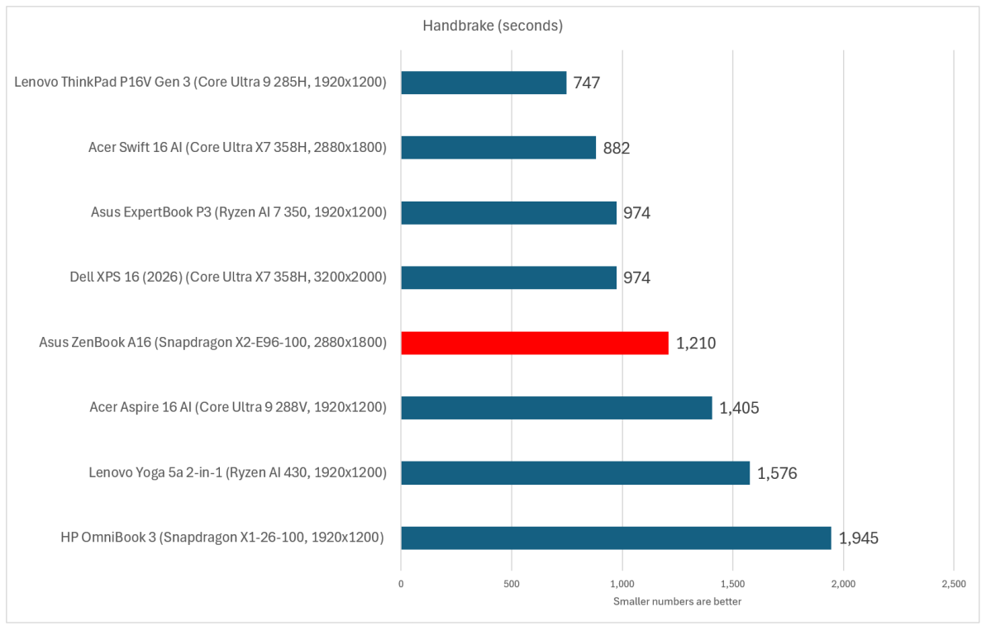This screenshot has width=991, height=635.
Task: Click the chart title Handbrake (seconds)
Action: click(x=493, y=26)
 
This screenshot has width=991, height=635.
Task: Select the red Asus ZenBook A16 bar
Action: click(x=535, y=343)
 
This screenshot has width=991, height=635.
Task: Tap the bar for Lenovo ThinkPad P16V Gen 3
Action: click(x=484, y=82)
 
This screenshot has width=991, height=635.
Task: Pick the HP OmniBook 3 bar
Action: click(x=617, y=538)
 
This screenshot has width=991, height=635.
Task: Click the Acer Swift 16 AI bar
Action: click(x=498, y=148)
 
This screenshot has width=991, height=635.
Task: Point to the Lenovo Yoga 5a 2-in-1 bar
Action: click(x=575, y=473)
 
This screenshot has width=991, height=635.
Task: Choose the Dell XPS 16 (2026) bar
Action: click(x=509, y=277)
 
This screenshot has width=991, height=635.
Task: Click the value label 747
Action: click(x=587, y=83)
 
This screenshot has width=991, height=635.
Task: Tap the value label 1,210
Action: click(x=696, y=344)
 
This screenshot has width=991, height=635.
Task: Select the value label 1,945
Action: click(x=858, y=538)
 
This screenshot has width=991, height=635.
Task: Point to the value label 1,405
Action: click(x=739, y=409)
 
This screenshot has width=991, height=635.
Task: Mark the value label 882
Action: click(x=617, y=149)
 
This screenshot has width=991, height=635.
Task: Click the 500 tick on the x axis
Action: click(x=512, y=584)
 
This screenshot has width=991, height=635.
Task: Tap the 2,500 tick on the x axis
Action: click(x=954, y=584)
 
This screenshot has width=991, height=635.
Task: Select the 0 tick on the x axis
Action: click(x=401, y=584)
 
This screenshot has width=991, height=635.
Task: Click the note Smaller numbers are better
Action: click(x=677, y=601)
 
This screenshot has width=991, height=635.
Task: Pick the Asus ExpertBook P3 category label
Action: click(x=238, y=212)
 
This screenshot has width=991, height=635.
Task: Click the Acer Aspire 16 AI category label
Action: click(x=238, y=407)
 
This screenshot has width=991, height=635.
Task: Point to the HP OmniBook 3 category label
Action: click(x=222, y=538)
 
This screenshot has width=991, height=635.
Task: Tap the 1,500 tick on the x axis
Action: click(x=732, y=584)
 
